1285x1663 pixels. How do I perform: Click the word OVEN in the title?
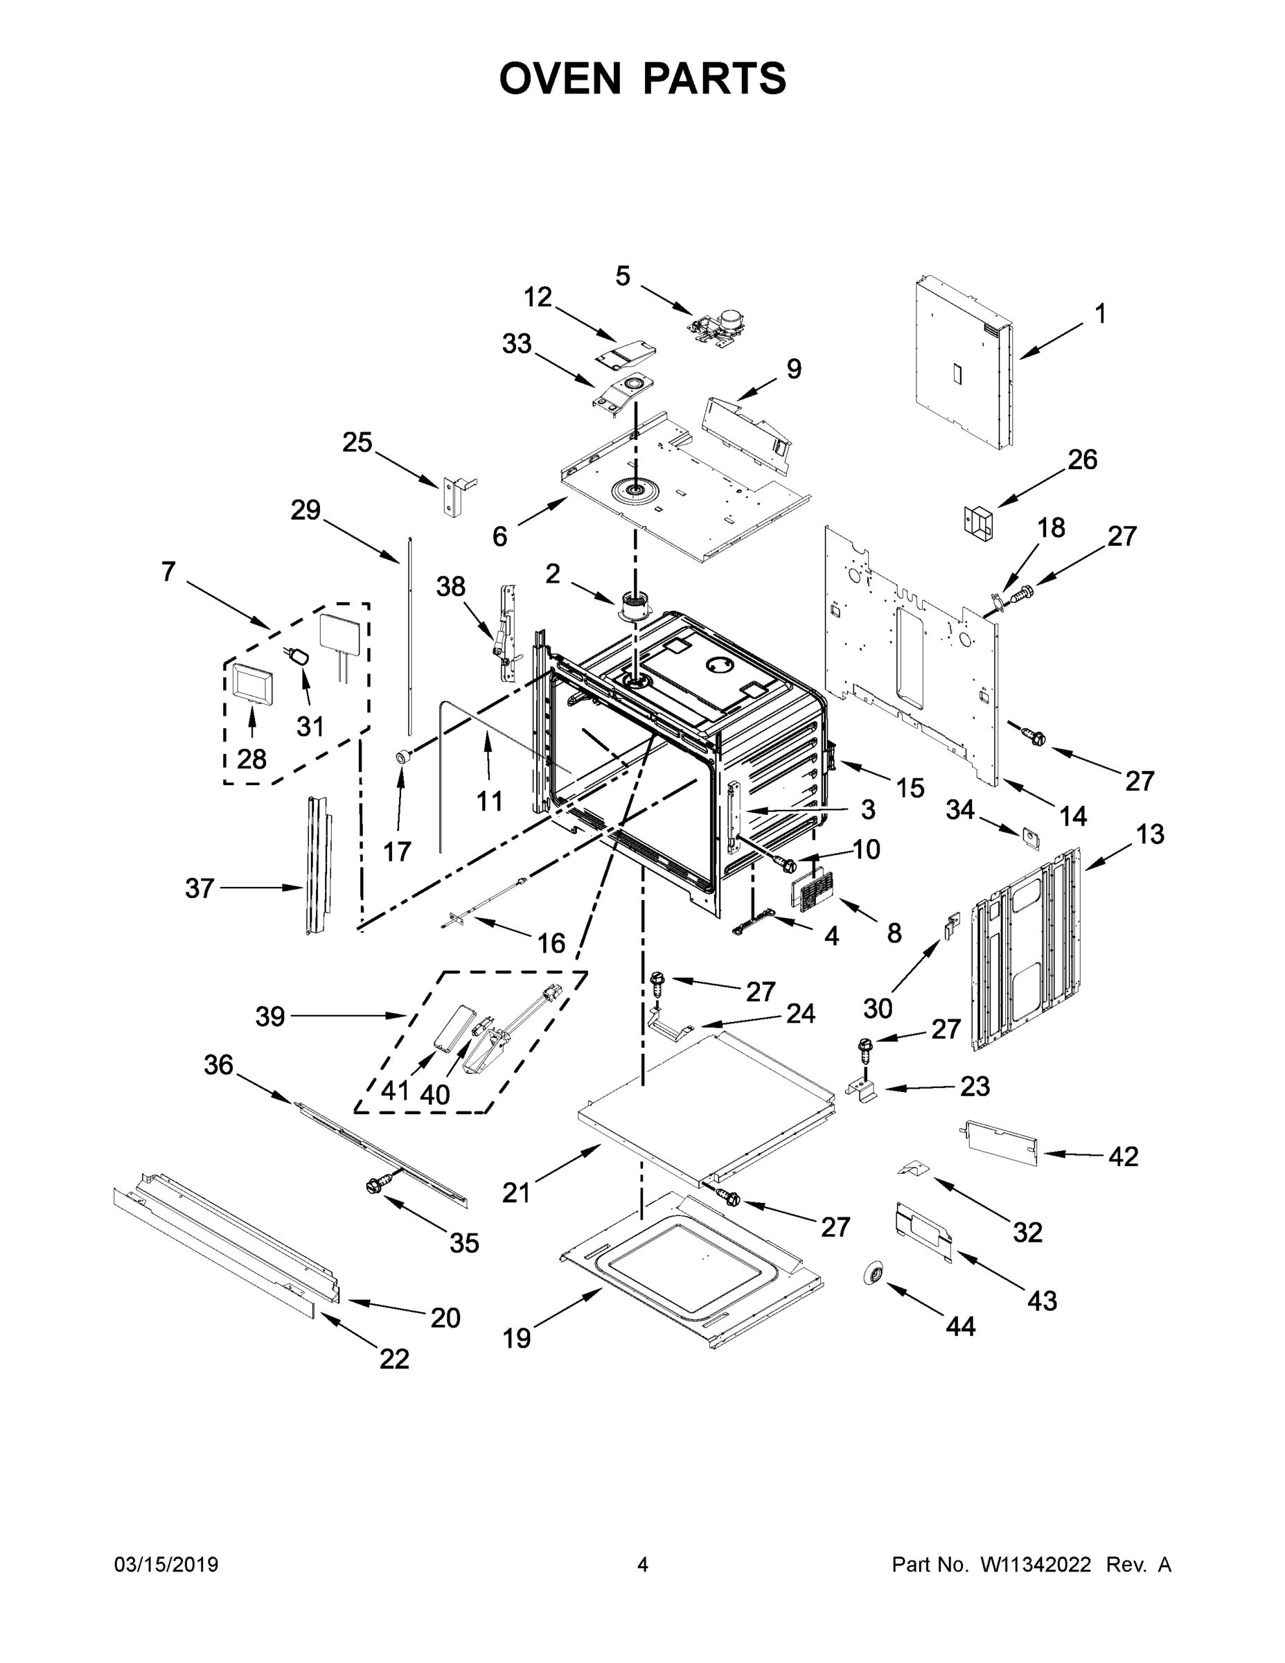point(560,78)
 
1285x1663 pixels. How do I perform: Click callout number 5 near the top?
point(623,276)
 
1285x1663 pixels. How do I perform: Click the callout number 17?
point(397,852)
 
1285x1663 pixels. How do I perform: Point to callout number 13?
point(1149,834)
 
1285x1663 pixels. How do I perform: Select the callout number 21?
point(515,1193)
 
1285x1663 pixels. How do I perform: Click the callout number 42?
point(1123,1156)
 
